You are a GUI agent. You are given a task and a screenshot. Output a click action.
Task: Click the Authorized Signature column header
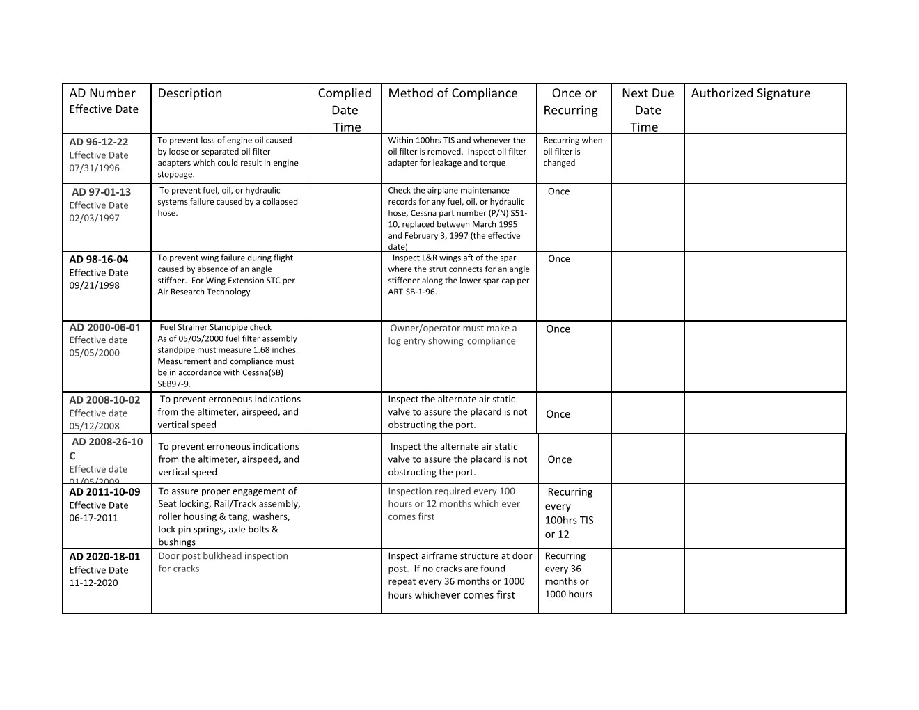(x=751, y=93)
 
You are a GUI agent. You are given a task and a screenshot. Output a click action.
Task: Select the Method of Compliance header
(x=453, y=93)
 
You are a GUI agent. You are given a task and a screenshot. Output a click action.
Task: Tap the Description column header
(x=190, y=93)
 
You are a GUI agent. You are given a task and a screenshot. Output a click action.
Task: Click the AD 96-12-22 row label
(x=99, y=142)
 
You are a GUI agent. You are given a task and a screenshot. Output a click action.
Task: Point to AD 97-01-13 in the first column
(x=101, y=192)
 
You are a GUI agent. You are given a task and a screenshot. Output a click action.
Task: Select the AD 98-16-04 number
(x=99, y=260)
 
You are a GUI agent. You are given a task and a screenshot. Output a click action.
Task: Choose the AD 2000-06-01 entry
(x=104, y=327)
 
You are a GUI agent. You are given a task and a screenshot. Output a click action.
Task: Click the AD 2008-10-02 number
(x=104, y=400)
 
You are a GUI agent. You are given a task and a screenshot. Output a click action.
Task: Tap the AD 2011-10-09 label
(x=104, y=492)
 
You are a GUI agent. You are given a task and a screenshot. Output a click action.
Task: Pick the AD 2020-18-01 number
(x=104, y=557)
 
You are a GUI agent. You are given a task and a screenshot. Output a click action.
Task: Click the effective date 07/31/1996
(x=94, y=168)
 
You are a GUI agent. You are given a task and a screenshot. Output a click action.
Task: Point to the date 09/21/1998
(x=94, y=285)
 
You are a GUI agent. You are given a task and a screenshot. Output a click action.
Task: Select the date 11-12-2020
(x=93, y=583)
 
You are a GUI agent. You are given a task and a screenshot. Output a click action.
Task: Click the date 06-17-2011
(x=93, y=518)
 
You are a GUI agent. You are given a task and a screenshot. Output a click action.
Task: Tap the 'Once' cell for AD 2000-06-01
(x=558, y=329)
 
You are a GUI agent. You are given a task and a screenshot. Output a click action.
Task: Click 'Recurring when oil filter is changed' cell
(x=572, y=152)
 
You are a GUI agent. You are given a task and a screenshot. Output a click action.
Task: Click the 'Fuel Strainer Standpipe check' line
(x=216, y=327)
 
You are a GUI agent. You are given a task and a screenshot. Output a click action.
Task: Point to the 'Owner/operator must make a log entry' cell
(x=453, y=335)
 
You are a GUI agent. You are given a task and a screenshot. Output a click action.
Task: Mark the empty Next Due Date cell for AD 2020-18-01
(x=647, y=581)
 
